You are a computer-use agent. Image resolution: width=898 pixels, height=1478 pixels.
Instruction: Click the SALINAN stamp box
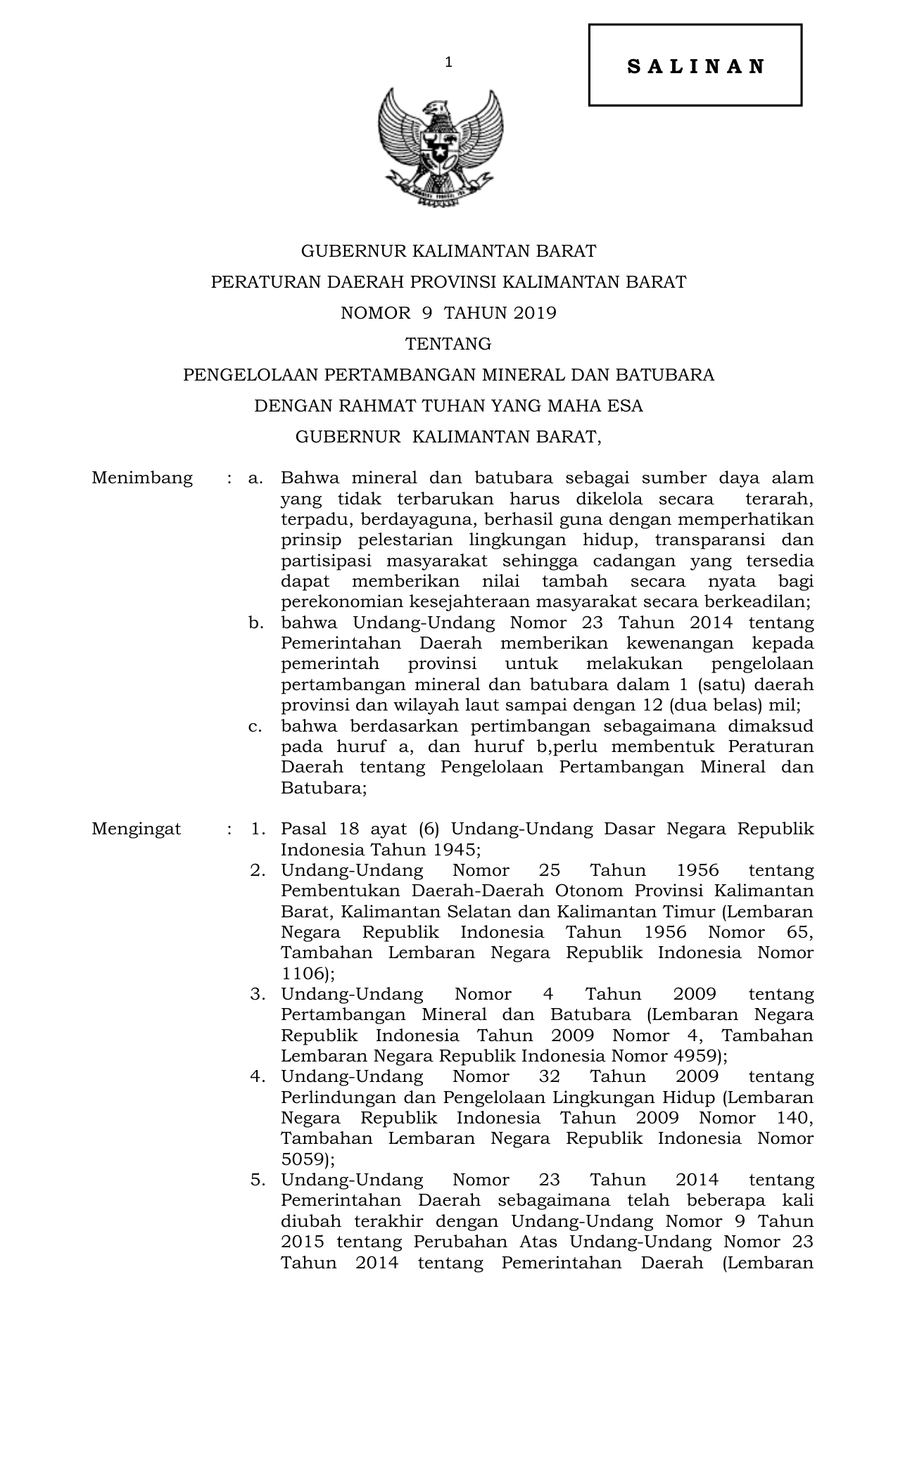click(x=695, y=65)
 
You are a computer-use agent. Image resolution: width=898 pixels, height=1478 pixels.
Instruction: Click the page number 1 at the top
click(x=448, y=63)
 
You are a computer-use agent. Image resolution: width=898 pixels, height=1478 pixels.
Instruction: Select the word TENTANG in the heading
click(x=448, y=344)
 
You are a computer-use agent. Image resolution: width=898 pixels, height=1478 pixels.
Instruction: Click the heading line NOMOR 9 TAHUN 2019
click(x=448, y=313)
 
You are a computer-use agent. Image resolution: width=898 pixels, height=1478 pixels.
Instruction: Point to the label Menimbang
click(x=142, y=478)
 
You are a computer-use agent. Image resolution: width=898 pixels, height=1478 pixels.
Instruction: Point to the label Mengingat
click(x=137, y=829)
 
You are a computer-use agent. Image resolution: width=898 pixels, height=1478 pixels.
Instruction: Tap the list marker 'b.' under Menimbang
click(x=255, y=623)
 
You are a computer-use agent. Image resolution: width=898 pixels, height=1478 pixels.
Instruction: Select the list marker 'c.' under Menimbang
click(x=255, y=726)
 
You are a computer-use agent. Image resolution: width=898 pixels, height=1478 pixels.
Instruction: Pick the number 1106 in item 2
click(x=303, y=974)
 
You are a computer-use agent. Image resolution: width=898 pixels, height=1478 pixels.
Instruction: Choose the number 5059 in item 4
click(x=303, y=1159)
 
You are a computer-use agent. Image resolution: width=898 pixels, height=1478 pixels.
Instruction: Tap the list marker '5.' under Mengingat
click(x=258, y=1180)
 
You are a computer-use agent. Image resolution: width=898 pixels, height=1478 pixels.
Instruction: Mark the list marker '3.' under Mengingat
click(x=258, y=994)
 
